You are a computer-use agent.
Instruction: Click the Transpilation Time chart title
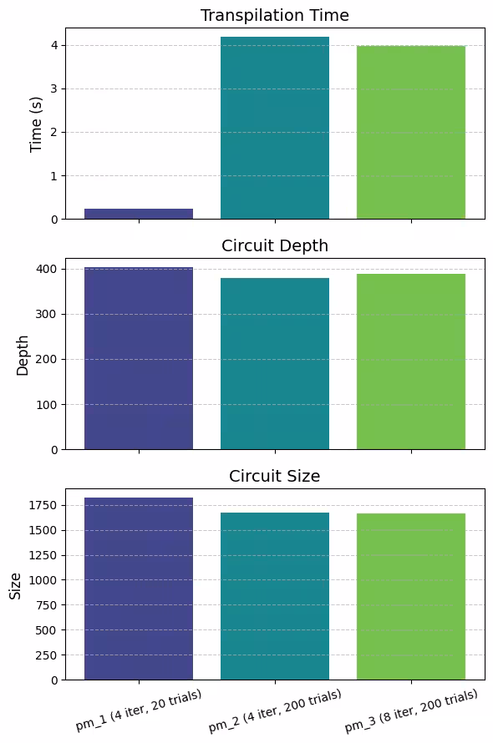[274, 15]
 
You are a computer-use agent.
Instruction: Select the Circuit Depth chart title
[274, 245]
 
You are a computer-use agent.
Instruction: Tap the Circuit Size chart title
[274, 476]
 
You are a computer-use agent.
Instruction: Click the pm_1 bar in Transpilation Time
[139, 214]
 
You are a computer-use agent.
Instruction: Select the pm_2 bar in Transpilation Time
[274, 128]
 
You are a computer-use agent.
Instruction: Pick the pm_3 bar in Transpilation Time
[410, 132]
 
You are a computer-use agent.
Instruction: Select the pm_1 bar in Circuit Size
[139, 589]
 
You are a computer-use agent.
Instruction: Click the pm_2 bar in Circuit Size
[274, 596]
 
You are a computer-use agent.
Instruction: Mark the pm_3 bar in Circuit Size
[410, 596]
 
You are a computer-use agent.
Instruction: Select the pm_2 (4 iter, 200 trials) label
[274, 710]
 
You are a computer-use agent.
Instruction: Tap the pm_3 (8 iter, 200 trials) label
[410, 710]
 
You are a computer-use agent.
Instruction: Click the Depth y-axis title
[23, 355]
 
